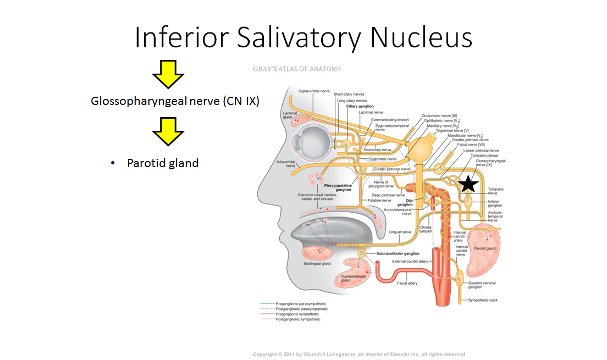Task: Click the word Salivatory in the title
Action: pos(304,38)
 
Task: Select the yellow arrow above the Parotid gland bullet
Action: pos(168,132)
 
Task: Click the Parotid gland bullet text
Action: pos(162,163)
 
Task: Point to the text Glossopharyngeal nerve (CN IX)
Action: pos(175,102)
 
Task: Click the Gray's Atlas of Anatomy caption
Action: pos(296,69)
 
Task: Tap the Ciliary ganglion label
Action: pos(360,106)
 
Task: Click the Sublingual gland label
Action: pos(317,264)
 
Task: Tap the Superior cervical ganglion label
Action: pos(482,285)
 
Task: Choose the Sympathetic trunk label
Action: pos(482,300)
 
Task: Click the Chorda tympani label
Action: pos(424,229)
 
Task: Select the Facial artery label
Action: pos(407,283)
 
